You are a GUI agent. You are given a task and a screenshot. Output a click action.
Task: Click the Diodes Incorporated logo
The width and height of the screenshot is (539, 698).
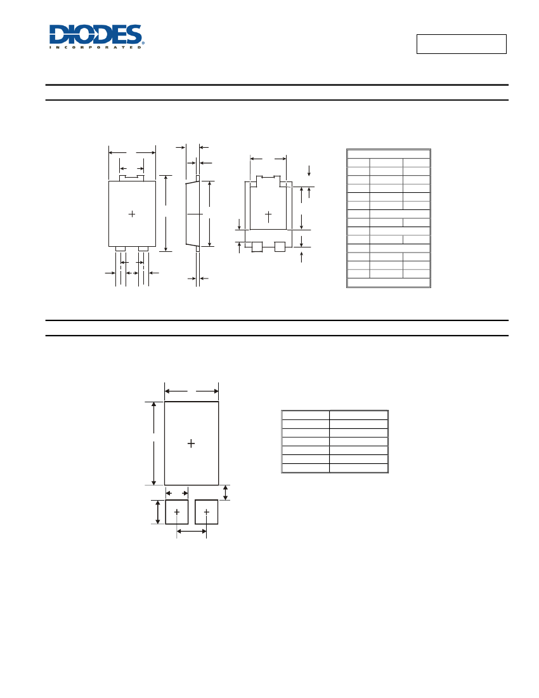tap(96, 37)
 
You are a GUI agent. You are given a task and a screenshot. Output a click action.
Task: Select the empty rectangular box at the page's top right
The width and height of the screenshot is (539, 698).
tap(461, 44)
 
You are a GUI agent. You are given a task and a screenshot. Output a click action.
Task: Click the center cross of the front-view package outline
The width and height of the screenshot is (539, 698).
tap(132, 214)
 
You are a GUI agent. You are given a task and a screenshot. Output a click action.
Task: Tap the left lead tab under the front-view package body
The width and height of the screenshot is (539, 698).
tap(120, 249)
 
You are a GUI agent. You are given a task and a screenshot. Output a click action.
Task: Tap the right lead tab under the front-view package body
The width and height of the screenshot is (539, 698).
tap(143, 249)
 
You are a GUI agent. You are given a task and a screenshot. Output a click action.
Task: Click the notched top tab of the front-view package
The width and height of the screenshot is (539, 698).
tap(132, 178)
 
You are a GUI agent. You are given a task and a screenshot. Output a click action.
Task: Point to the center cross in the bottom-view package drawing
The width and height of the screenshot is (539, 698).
tap(268, 216)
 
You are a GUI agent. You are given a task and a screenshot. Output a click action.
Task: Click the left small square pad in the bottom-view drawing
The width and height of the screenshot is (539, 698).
tap(257, 247)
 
